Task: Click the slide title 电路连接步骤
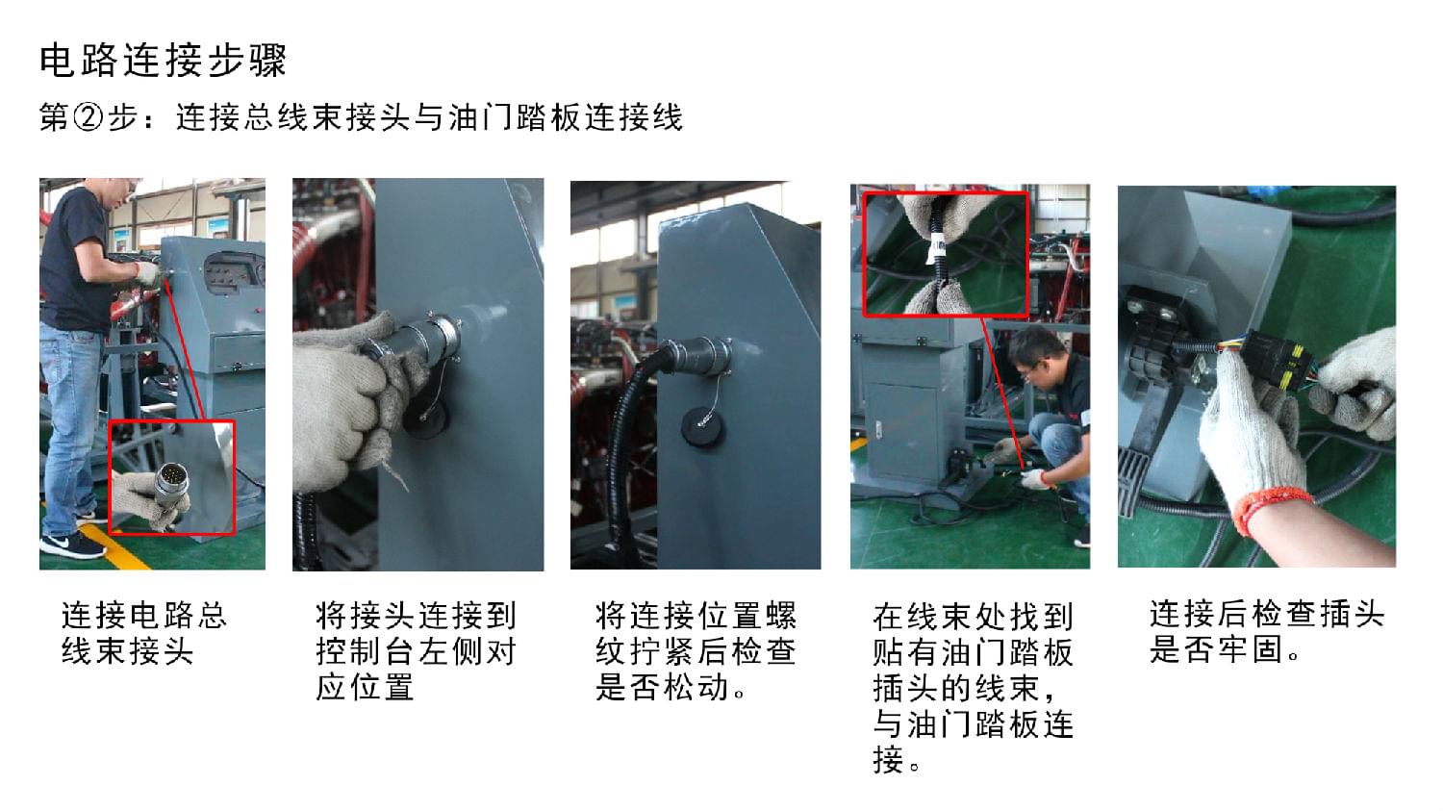(x=163, y=62)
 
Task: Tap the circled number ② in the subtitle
(x=88, y=118)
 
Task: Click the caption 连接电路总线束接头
(x=144, y=633)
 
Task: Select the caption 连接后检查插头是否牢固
(x=1267, y=631)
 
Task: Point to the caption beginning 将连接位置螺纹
(x=696, y=650)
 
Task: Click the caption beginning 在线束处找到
(x=973, y=687)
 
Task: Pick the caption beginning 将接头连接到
(x=417, y=650)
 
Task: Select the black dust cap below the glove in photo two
(x=426, y=418)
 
